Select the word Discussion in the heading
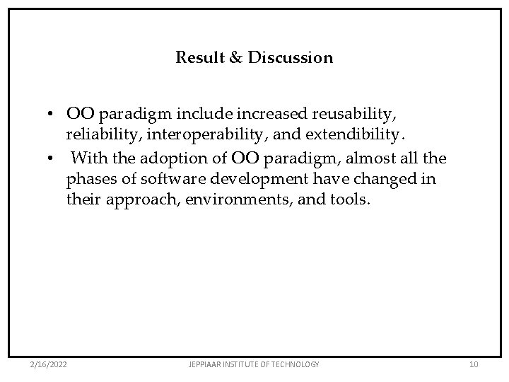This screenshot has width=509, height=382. point(290,58)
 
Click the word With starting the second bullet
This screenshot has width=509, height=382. point(89,157)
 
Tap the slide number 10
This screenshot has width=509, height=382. point(474,364)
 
